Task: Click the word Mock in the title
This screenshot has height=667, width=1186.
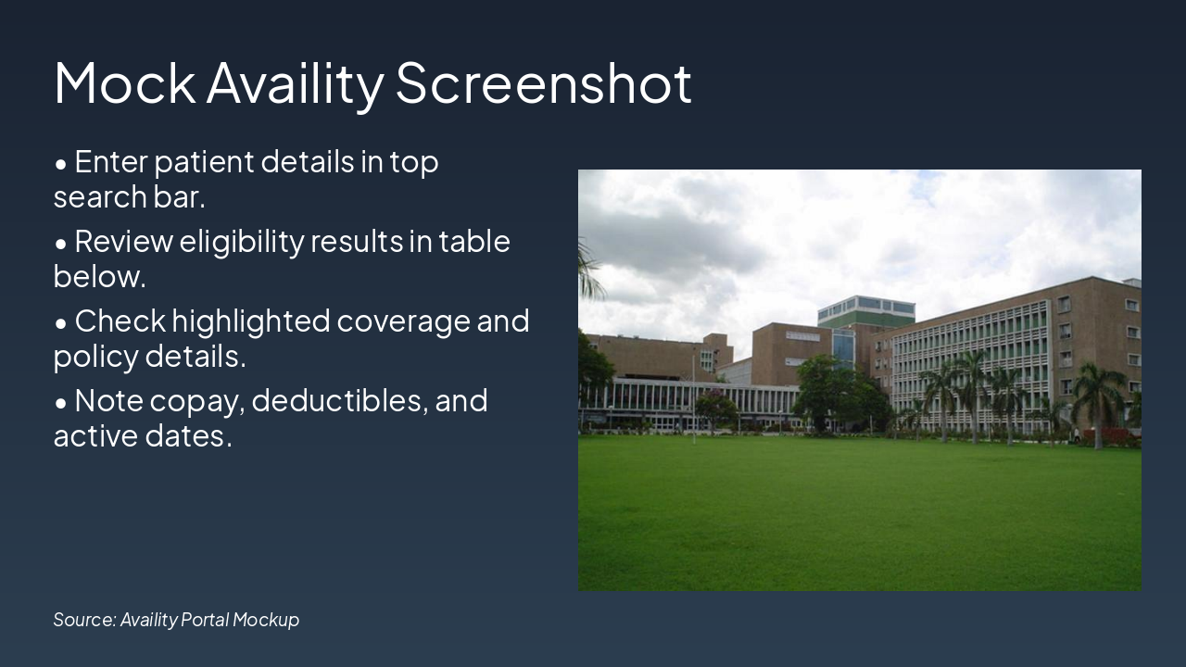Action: [124, 82]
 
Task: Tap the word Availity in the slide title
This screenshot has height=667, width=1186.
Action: [295, 84]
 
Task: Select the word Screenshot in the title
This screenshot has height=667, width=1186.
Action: [544, 82]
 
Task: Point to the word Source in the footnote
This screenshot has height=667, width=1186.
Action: [84, 620]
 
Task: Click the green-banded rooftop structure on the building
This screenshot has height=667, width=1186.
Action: [865, 311]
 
